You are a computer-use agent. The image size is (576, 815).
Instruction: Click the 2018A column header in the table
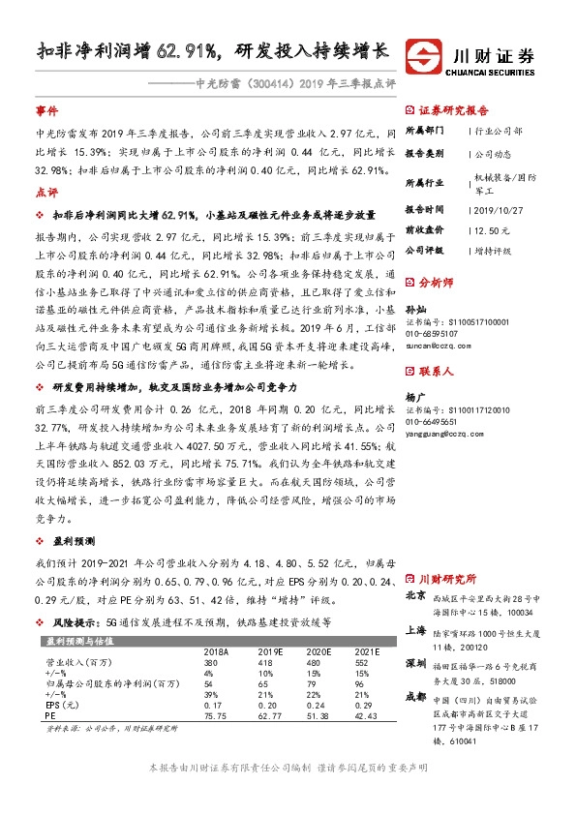point(218,650)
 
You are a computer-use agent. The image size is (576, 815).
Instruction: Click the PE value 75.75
point(216,717)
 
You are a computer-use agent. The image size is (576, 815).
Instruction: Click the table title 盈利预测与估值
point(78,640)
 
